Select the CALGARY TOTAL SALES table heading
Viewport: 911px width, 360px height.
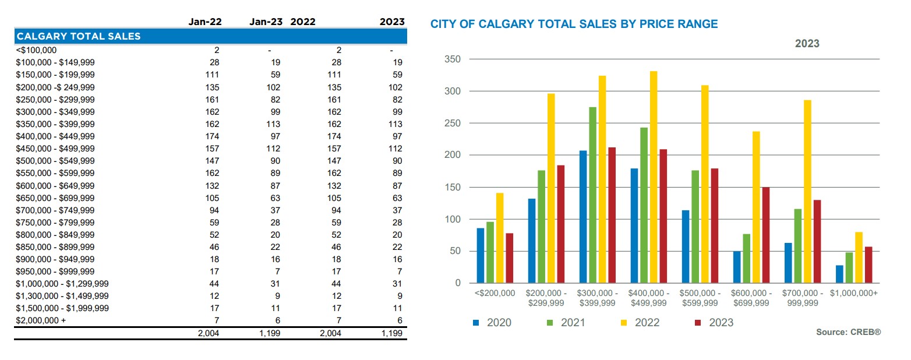point(79,36)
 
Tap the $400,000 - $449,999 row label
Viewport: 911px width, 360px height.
point(55,136)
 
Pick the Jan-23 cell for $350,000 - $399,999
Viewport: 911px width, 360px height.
point(271,124)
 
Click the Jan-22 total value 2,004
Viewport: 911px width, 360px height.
point(209,333)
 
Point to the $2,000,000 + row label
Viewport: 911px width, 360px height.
point(41,320)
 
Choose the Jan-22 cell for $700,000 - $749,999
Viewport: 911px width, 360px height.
point(214,210)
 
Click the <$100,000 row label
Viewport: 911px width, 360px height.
point(36,50)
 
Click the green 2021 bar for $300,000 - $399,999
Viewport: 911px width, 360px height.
point(592,195)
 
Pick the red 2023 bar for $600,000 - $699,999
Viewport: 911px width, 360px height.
point(767,235)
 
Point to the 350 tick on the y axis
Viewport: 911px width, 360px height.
point(452,59)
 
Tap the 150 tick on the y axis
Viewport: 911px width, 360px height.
point(452,188)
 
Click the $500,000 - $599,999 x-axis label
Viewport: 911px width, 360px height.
point(700,298)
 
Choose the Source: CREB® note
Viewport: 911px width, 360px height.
point(849,332)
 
